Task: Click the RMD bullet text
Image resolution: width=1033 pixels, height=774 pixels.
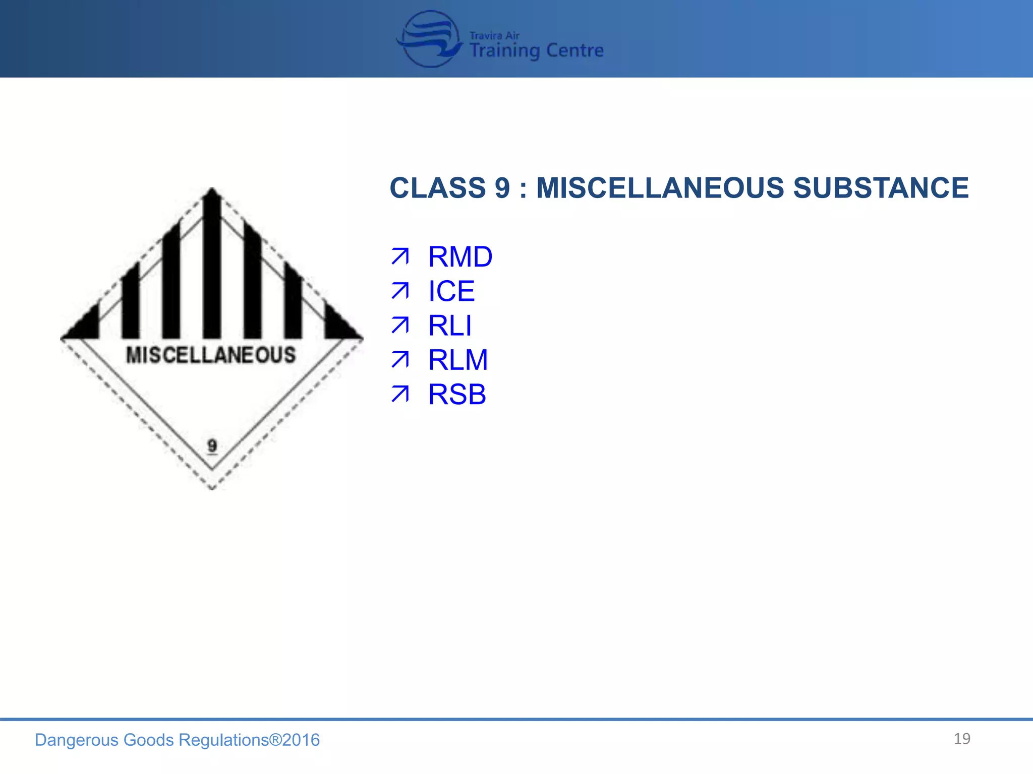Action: (460, 257)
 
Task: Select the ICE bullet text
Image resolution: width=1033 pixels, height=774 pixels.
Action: (451, 291)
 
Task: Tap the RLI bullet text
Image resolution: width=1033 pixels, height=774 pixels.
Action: (450, 326)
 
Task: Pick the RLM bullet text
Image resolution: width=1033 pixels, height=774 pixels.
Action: (458, 360)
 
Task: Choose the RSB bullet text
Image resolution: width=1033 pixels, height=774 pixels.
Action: (457, 394)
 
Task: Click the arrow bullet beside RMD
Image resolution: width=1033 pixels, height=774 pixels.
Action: (400, 257)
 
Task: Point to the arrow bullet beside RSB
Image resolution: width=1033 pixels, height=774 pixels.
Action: (400, 394)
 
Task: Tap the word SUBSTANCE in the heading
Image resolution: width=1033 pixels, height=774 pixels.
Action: (881, 188)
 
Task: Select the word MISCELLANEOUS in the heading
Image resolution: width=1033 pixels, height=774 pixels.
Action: (660, 188)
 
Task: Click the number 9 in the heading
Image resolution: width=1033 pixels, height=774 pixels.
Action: (502, 188)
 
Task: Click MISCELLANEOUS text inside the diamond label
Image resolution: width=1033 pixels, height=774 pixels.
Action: (211, 355)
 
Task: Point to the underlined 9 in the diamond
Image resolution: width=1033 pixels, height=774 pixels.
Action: (212, 445)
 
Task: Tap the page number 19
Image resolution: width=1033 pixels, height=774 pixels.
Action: (962, 739)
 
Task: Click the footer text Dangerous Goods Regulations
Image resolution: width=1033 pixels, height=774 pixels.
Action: (151, 740)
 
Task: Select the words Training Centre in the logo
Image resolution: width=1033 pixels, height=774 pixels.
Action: (536, 51)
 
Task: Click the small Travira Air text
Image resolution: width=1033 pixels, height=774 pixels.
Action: (494, 36)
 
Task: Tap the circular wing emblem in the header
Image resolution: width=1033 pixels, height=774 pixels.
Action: (429, 39)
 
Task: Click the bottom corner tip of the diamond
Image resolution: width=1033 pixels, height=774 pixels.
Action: (212, 487)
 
